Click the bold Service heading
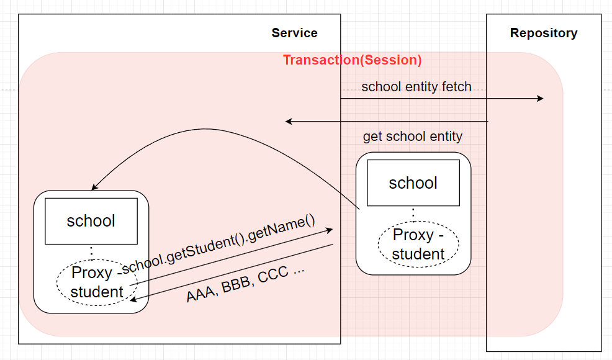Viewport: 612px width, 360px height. point(294,33)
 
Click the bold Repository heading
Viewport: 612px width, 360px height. point(544,33)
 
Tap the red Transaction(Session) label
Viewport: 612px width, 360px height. point(352,60)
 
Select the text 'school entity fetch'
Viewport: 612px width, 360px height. point(416,87)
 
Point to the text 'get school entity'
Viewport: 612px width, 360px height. point(413,137)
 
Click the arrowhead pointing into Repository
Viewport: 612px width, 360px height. point(540,99)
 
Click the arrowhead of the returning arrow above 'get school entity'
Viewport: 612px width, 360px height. point(289,122)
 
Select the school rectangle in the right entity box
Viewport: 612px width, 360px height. point(413,182)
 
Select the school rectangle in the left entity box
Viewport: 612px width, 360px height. point(91,221)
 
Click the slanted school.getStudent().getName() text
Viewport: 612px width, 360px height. point(218,244)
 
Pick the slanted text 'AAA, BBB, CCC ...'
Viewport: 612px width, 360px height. point(245,284)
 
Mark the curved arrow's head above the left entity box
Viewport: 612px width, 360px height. point(94,187)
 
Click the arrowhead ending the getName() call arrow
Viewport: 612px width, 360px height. point(330,230)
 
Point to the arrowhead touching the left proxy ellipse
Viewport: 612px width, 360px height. point(133,299)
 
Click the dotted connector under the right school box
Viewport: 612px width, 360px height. point(413,214)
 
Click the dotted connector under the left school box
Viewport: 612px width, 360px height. point(91,252)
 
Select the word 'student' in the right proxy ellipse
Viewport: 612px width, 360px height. point(418,254)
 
